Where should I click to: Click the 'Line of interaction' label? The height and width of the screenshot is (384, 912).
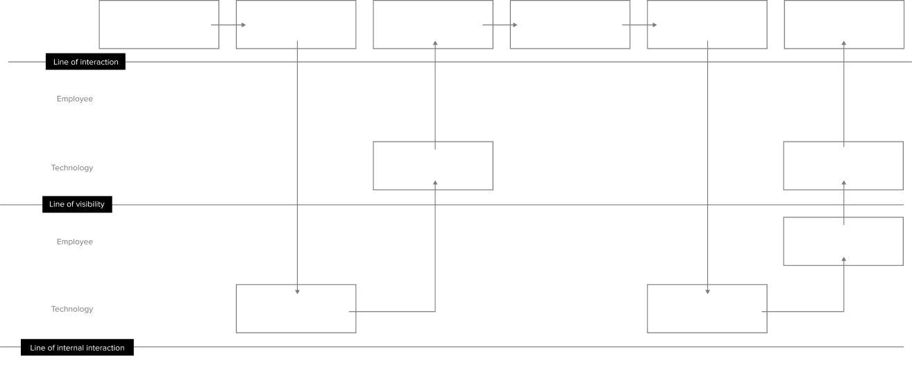pos(86,62)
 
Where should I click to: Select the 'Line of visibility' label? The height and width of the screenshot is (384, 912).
pos(77,205)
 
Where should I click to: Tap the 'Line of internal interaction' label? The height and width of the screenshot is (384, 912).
pos(77,348)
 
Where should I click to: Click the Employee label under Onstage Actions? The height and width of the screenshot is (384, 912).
pos(74,99)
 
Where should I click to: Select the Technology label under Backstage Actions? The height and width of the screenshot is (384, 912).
pos(71,309)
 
